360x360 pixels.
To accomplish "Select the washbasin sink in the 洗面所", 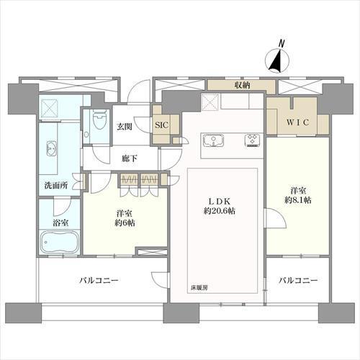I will click(x=52, y=150).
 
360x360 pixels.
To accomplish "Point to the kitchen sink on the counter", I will click(x=214, y=140).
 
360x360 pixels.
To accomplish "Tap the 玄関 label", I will click(x=124, y=127).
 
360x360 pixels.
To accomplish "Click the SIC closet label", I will click(x=163, y=123).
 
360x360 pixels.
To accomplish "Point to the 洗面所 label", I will click(x=54, y=185).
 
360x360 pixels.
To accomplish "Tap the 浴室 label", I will click(x=55, y=222).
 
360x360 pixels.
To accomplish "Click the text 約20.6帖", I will click(x=218, y=211).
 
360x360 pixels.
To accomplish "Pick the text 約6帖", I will click(x=125, y=223).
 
